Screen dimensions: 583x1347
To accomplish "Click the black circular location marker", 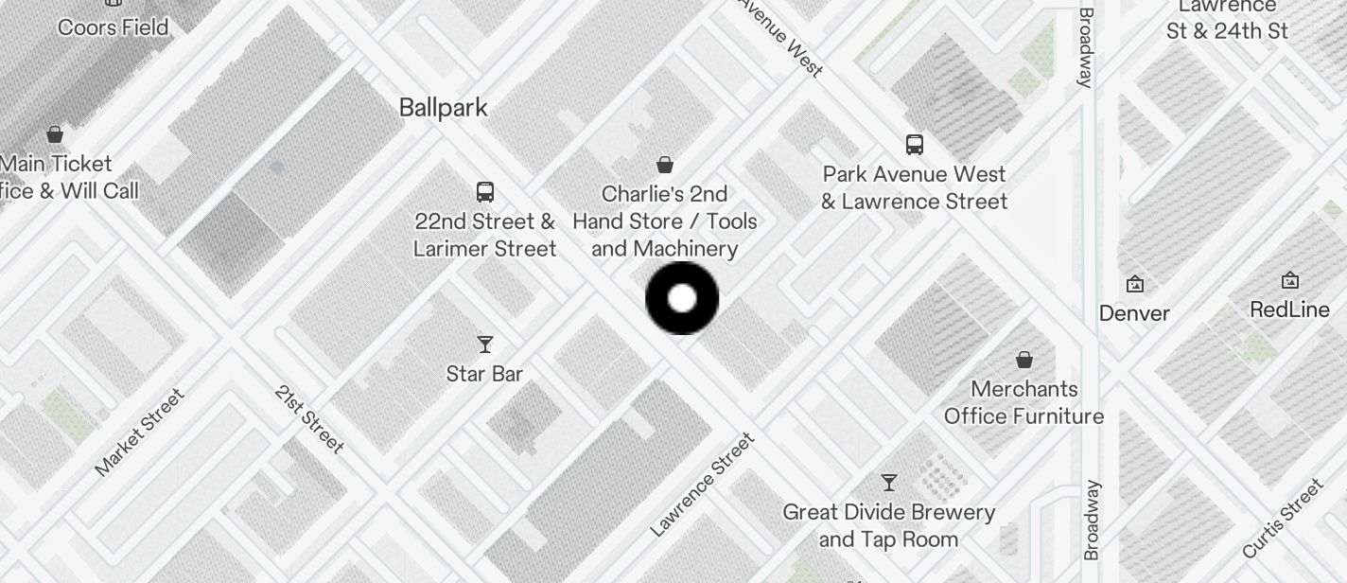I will point(682,298).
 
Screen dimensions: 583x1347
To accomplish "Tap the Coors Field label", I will point(114,26).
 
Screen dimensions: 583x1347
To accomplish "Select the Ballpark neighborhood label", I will point(444,107).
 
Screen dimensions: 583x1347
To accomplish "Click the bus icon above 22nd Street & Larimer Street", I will point(485,191).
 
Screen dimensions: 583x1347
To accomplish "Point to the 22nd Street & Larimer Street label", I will point(485,235).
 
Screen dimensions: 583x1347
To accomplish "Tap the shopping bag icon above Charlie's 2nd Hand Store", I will point(665,165).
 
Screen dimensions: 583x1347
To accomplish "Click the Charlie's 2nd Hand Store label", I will point(665,221).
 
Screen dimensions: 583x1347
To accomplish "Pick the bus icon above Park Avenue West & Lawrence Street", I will point(915,145).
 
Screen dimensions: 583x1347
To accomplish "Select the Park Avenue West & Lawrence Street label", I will point(915,187).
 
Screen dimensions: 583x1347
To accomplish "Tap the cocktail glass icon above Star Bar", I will point(485,344).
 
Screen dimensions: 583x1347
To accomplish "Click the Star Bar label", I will point(485,374).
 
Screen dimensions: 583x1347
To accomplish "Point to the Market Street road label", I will point(140,432).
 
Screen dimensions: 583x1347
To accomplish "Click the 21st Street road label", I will point(308,418).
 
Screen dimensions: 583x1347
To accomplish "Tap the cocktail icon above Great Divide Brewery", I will point(889,483).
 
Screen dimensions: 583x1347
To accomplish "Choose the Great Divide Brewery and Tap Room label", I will point(889,525).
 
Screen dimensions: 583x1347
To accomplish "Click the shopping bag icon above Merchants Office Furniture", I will point(1024,360).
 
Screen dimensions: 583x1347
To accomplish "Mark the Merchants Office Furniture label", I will point(1024,402).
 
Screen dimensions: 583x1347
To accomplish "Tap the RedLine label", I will point(1289,309).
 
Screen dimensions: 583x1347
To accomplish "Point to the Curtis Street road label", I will point(1284,519).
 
